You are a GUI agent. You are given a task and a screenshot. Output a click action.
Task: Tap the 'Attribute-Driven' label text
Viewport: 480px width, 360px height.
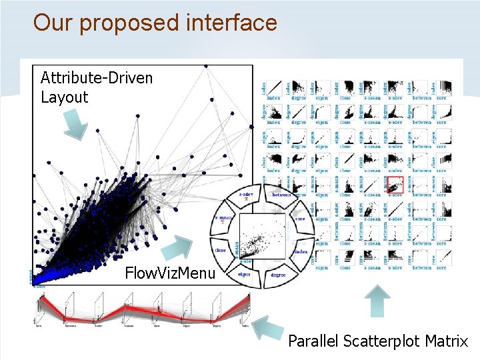(97, 78)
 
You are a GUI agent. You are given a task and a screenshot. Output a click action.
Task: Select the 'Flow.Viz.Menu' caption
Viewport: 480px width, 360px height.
(170, 273)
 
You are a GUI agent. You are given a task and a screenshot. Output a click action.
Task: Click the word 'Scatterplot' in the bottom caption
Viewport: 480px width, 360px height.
(381, 341)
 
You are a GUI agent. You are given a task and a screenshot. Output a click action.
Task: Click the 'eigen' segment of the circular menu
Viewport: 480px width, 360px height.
(245, 273)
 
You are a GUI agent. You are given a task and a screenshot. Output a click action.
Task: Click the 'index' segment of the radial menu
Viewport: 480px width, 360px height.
(301, 251)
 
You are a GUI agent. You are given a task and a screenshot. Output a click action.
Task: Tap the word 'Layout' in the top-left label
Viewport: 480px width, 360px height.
(65, 97)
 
